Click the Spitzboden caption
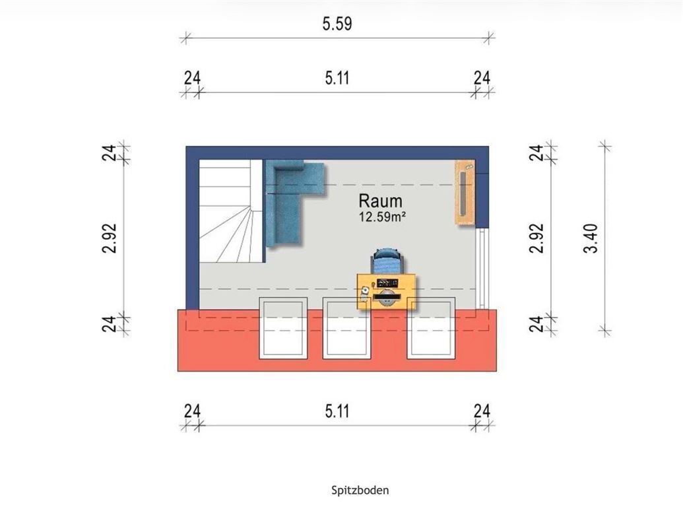click(360, 490)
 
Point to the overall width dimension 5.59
click(337, 24)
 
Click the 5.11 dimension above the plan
click(337, 79)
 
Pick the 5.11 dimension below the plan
click(337, 412)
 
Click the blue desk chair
click(386, 261)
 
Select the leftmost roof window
click(284, 328)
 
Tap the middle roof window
click(345, 328)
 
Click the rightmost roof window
click(431, 328)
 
